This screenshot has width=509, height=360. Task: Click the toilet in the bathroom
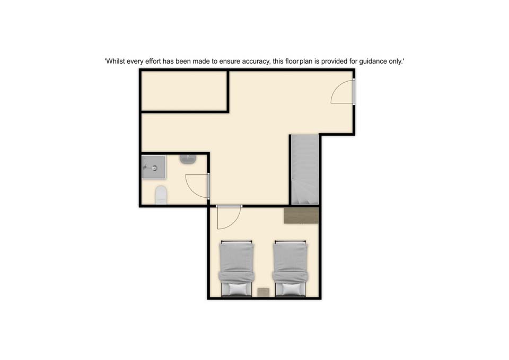click(x=161, y=195)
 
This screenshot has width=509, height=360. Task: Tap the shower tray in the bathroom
click(x=154, y=167)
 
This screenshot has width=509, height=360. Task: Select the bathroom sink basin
click(x=188, y=159)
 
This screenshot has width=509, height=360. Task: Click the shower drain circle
click(x=154, y=168)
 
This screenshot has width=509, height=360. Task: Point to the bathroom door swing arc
click(x=191, y=190)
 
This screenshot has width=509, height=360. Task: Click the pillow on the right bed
click(x=290, y=289)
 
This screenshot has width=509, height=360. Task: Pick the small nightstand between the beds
click(x=264, y=292)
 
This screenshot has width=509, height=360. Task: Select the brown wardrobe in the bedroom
click(x=301, y=215)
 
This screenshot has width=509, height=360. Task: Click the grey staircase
click(x=304, y=170)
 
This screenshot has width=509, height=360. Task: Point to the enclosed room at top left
click(x=184, y=91)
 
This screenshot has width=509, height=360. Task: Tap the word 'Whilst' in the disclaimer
click(x=116, y=61)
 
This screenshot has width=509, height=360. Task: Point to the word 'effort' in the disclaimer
click(x=153, y=61)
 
